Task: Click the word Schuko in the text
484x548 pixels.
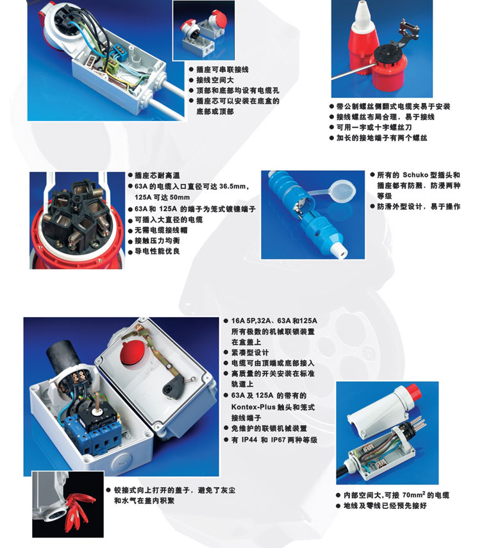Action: click(x=415, y=175)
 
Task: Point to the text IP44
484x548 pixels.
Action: click(x=249, y=440)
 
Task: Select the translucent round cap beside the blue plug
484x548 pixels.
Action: click(x=342, y=191)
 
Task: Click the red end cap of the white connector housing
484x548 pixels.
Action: click(x=412, y=392)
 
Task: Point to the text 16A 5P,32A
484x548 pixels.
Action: click(x=249, y=321)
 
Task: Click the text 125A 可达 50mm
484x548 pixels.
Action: click(x=162, y=197)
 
